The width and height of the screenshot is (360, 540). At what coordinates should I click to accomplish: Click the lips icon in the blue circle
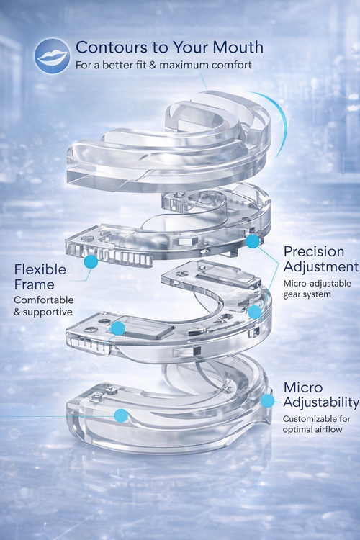[53, 55]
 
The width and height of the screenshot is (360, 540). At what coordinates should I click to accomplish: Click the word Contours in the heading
[112, 48]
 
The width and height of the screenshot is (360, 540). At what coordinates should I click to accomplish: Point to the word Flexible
[40, 269]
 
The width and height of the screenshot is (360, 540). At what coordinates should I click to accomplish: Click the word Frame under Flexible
[34, 285]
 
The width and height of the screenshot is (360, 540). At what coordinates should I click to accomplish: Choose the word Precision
[314, 251]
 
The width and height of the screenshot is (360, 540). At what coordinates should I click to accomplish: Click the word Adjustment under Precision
[321, 267]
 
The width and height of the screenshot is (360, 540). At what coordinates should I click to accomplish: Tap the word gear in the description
[291, 295]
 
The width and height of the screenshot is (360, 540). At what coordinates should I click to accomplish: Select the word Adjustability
[321, 402]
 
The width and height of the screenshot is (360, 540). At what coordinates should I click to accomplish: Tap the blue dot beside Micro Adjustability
[267, 401]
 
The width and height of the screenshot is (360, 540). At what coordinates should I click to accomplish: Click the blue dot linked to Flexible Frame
[91, 262]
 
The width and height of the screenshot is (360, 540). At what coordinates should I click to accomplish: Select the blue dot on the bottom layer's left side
[121, 415]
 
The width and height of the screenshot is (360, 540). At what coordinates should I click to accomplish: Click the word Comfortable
[44, 300]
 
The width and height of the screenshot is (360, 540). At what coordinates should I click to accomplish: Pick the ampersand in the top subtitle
[153, 65]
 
